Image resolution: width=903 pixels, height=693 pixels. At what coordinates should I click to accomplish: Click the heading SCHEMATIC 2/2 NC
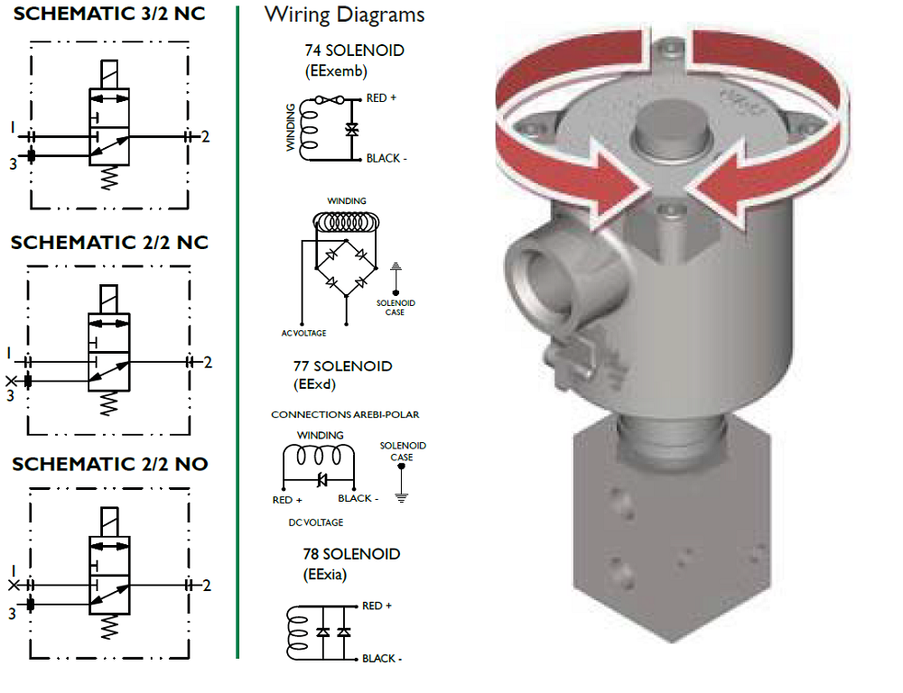109,243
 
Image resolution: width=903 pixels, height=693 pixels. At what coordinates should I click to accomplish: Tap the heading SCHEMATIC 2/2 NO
109,465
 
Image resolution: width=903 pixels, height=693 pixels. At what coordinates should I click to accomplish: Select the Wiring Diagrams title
344,15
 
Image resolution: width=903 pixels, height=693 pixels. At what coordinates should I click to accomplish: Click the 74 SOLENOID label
354,51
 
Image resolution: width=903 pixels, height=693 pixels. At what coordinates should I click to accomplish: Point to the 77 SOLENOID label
342,366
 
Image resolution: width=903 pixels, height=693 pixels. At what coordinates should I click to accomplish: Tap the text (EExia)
324,573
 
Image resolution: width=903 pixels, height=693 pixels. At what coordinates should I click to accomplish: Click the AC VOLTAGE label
303,333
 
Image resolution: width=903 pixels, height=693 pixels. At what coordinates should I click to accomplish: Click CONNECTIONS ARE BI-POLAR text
345,415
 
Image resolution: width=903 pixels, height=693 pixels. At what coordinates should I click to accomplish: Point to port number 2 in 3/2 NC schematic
206,137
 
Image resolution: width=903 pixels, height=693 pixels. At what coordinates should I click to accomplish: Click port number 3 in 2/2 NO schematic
13,614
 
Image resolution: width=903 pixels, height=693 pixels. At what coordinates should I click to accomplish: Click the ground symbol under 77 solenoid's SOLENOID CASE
402,495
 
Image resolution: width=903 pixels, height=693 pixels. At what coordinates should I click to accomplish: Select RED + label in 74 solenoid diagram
381,98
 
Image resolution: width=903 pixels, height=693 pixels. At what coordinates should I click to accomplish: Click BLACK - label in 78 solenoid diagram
382,659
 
